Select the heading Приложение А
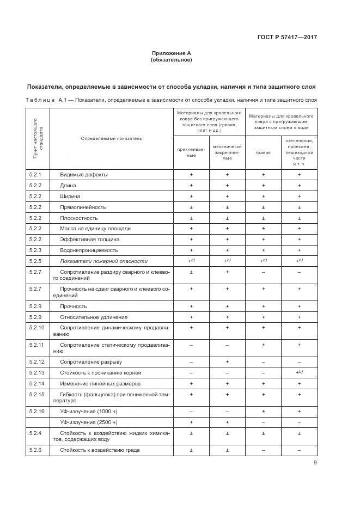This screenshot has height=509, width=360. coord(172,53)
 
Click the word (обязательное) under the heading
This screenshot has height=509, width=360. coord(172,60)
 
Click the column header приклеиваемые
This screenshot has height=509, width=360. coord(191,152)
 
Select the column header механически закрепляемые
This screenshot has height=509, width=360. coord(227,152)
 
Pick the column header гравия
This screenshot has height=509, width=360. coord(263,152)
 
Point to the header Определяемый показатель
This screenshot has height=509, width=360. coord(111,138)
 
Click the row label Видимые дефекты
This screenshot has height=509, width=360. coord(84,175)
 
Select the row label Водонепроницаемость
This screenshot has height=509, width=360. coord(89,250)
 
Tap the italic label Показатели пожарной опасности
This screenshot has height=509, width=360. coord(104,261)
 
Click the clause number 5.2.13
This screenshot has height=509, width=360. coord(36,373)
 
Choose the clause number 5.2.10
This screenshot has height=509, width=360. coord(36,328)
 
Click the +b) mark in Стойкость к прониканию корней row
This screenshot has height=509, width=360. coord(299,372)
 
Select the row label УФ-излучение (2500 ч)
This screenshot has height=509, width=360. coord(89,422)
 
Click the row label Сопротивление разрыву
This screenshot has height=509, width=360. coord(91,362)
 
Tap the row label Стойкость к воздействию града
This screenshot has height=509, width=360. coord(100,450)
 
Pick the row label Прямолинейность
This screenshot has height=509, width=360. coord(83,207)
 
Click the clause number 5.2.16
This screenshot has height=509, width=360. coord(36,411)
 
